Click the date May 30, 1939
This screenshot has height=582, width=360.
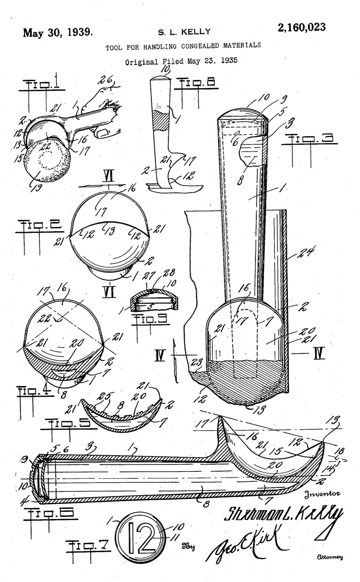point(58,32)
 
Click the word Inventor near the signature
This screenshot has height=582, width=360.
point(322,493)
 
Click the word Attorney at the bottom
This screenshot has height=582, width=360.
point(331,557)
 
